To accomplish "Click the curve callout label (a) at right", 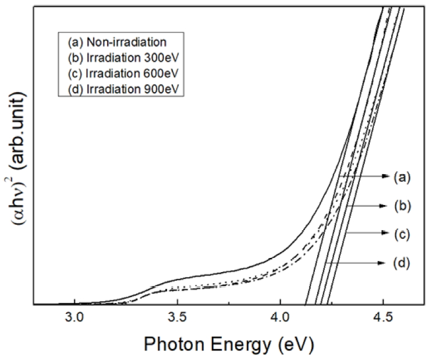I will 400,177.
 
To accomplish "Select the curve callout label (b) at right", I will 400,205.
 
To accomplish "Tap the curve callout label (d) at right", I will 400,263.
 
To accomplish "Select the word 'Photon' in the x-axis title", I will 172,345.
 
